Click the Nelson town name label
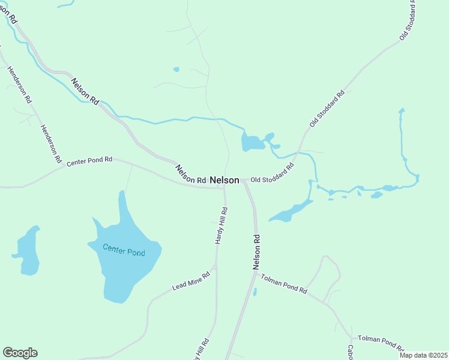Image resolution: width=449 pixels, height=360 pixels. (x=224, y=180)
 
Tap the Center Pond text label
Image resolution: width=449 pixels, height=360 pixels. (x=124, y=250)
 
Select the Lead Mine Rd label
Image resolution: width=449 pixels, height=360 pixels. (x=191, y=281)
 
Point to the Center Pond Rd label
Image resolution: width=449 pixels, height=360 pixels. (x=89, y=161)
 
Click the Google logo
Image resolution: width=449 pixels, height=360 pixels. (x=20, y=353)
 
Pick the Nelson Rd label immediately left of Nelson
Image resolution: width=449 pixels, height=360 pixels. (x=190, y=173)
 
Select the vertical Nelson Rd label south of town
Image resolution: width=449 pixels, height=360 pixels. (x=256, y=252)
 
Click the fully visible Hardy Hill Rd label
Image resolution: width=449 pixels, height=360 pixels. (x=221, y=225)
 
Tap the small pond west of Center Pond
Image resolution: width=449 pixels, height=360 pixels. (x=27, y=251)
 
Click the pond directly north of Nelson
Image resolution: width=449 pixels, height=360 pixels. (x=252, y=143)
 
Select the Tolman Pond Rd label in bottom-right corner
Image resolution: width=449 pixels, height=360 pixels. (x=381, y=343)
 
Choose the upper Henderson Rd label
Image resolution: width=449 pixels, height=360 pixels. (x=19, y=83)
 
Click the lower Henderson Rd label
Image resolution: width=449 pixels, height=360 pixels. (x=50, y=144)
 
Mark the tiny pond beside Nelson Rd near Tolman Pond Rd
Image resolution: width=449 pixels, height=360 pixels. (x=255, y=292)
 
